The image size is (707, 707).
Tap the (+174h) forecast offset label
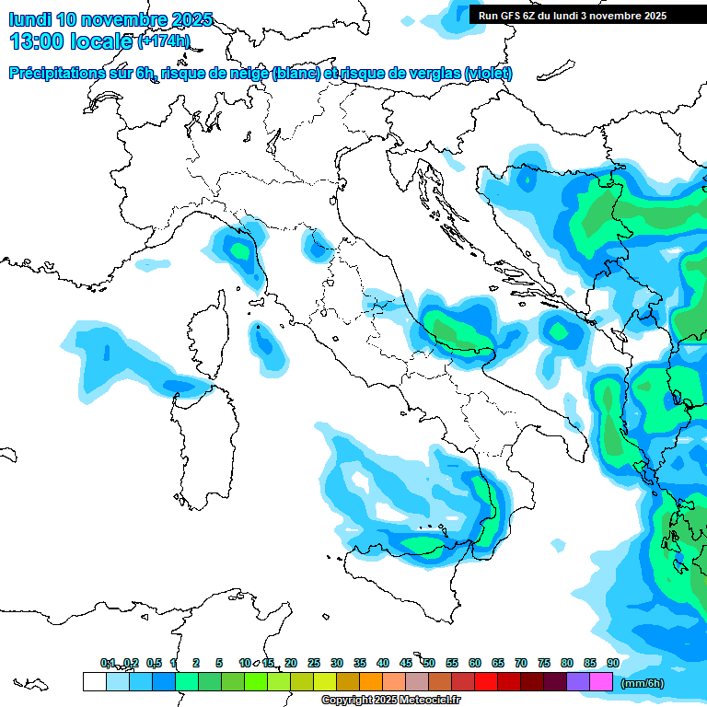tap(163, 41)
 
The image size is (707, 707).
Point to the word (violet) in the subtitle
tap(489, 74)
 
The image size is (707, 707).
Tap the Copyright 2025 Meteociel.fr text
tap(390, 701)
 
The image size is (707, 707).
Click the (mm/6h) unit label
tap(642, 683)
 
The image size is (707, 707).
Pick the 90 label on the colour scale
tap(613, 663)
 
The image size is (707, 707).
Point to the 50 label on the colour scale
tap(429, 663)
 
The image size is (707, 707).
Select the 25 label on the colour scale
tap(314, 663)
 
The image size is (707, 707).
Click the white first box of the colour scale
tap(94, 682)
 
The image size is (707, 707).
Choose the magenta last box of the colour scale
tap(601, 682)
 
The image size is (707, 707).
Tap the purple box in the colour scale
tap(578, 682)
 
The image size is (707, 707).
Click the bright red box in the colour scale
tap(486, 682)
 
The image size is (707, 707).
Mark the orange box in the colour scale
tap(371, 682)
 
